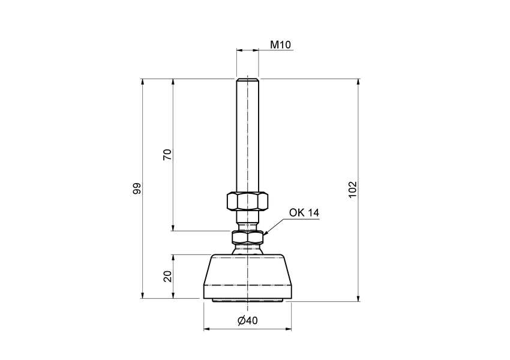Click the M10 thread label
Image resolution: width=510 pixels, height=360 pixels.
280,44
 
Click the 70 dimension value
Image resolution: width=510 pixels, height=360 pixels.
168,154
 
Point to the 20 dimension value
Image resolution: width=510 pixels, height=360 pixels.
168,276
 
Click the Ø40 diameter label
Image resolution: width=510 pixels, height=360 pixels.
247,320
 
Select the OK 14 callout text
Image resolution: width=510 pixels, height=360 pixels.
304,213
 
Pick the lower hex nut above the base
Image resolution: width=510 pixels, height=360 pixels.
247,239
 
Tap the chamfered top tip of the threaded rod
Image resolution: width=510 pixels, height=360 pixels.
247,80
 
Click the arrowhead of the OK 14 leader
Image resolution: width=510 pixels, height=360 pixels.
265,233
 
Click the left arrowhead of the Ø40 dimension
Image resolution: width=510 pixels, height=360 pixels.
207,329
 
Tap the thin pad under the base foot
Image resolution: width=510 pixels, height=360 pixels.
247,300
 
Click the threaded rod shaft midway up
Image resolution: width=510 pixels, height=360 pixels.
247,138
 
